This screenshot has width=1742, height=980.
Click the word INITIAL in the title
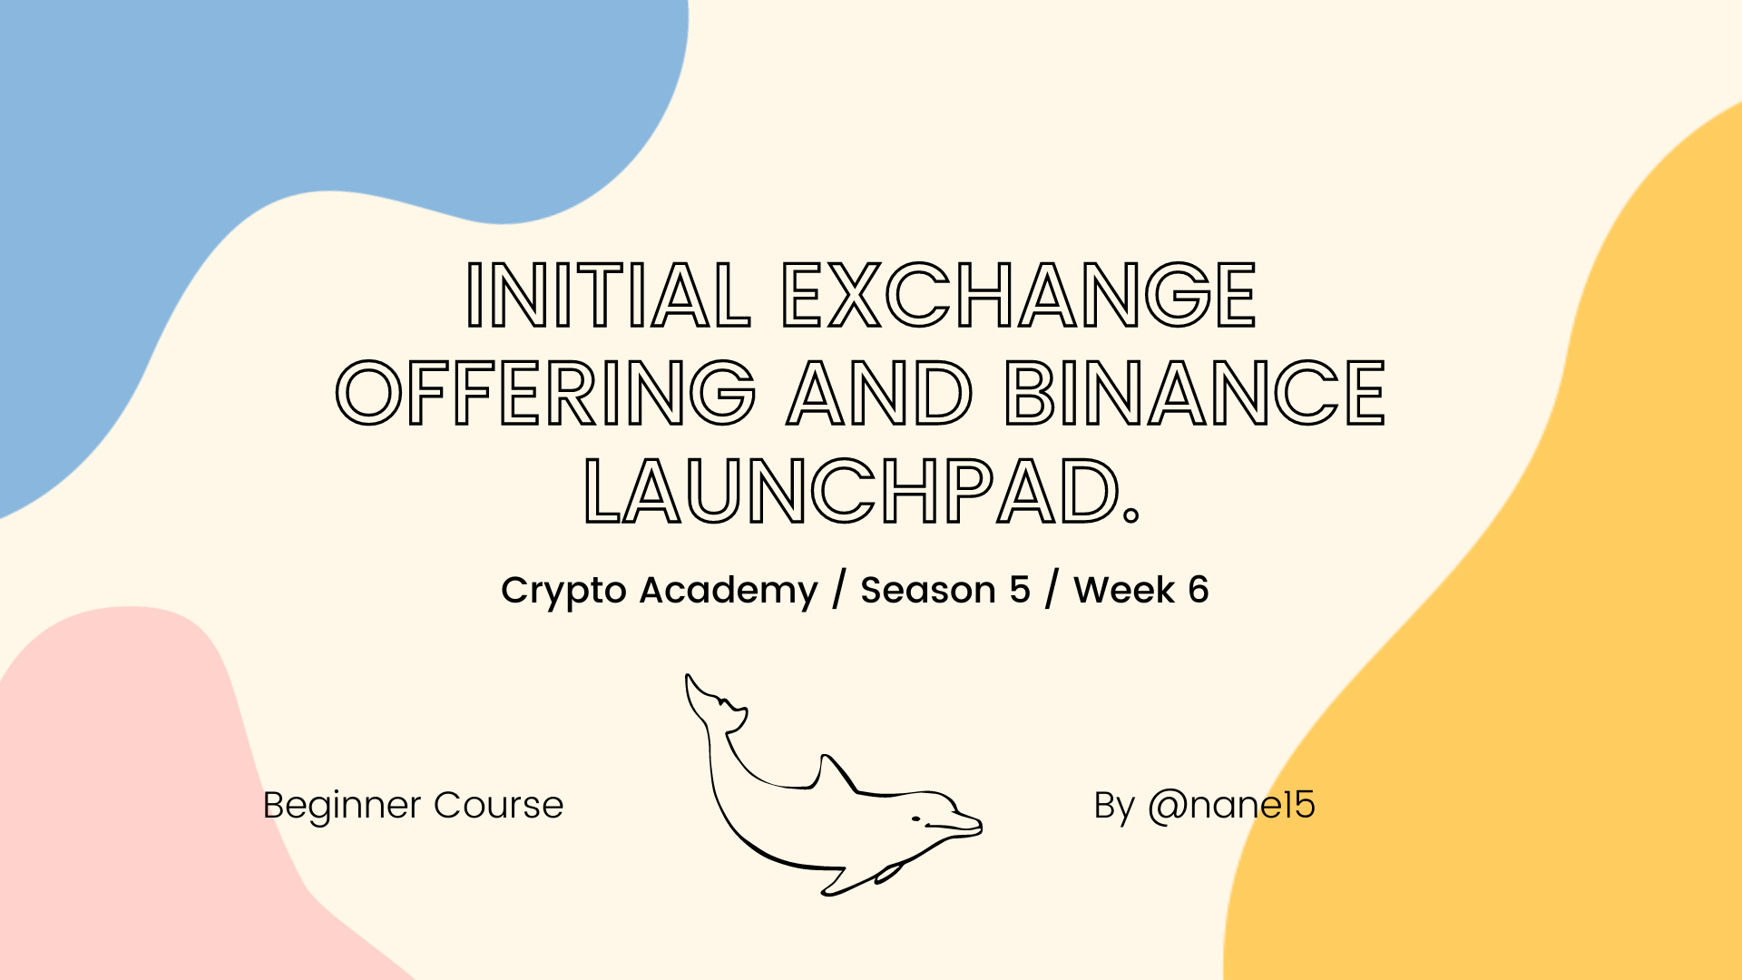tap(608, 295)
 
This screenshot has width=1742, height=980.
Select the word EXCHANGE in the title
tap(1019, 295)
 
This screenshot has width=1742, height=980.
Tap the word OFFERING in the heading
tap(546, 393)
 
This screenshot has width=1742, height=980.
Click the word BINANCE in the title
tap(1195, 393)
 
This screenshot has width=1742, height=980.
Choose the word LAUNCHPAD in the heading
tap(851, 492)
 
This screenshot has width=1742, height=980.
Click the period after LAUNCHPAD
tap(1130, 516)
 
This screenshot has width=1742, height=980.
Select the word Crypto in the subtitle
tap(563, 592)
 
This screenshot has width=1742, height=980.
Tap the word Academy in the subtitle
tap(729, 592)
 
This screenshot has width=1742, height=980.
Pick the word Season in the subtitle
tap(928, 591)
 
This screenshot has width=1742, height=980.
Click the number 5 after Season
tap(1020, 591)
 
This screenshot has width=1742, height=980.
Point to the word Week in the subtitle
tap(1124, 590)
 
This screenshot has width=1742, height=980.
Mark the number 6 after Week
tap(1199, 591)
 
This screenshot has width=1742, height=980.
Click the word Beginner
tap(342, 807)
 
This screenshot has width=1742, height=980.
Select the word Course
tap(498, 806)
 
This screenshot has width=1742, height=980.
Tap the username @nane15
tap(1231, 806)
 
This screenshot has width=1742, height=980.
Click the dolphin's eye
tap(915, 819)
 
